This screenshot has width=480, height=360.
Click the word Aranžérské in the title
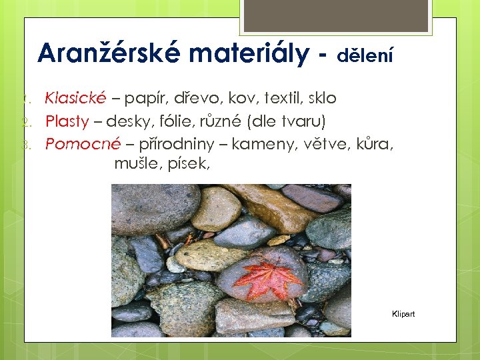pos(107,53)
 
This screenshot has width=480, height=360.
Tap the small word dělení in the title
pos(365,56)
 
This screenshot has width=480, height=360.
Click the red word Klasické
pos(75,99)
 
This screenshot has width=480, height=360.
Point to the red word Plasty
pos(67,121)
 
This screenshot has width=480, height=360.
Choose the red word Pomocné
pos(83,144)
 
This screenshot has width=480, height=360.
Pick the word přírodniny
pos(176,144)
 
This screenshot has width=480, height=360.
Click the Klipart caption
pos(403,314)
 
